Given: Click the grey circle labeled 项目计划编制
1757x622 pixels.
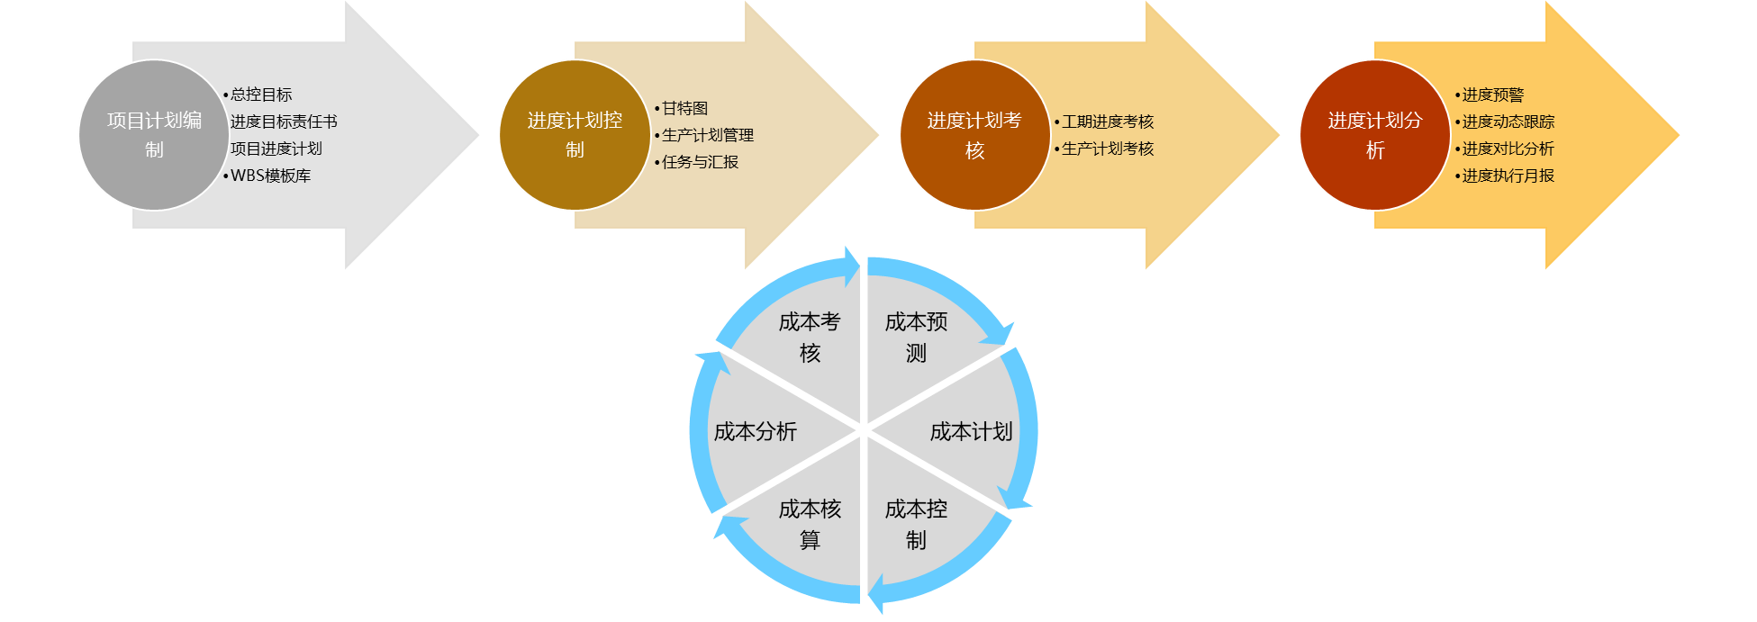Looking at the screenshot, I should click(154, 135).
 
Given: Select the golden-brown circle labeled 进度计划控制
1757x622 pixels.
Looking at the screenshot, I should click(575, 135).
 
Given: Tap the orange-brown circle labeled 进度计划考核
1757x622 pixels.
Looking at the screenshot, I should click(974, 135).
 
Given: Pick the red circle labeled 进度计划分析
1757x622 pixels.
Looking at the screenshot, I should click(1374, 135).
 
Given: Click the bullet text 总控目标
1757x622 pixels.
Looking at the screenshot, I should click(261, 95).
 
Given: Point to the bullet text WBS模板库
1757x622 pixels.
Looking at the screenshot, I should click(270, 176).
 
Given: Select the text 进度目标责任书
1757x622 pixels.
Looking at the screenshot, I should click(284, 122).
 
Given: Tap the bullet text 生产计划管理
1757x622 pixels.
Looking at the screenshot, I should click(708, 135).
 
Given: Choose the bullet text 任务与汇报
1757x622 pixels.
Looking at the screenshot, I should click(700, 162).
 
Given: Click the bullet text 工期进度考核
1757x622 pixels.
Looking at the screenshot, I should click(1108, 122).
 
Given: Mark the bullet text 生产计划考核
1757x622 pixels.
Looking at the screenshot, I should click(1108, 149).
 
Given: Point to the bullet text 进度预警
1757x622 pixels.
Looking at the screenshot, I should click(1492, 95).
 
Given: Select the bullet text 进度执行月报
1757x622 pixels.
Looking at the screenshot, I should click(1508, 176).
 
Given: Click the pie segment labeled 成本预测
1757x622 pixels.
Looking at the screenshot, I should click(916, 338).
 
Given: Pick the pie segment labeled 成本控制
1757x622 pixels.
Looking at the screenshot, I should click(916, 525).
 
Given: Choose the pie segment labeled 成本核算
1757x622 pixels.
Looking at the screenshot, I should click(810, 525).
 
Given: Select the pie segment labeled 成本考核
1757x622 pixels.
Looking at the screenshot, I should click(810, 338).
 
